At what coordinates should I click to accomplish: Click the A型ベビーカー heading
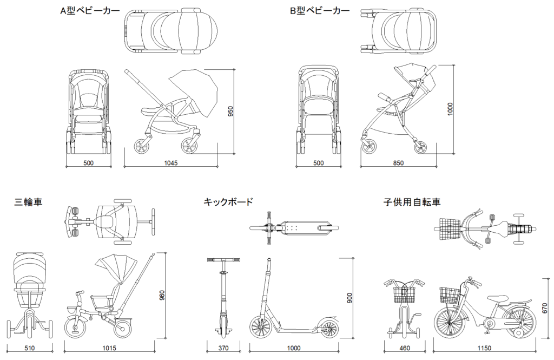click(90, 11)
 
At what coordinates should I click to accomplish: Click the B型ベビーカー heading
click(319, 11)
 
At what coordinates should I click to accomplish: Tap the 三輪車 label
click(28, 202)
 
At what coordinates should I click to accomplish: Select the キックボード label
click(228, 202)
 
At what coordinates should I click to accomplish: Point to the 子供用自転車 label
click(412, 202)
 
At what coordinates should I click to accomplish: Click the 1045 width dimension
click(170, 163)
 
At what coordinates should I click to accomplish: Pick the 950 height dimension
click(230, 111)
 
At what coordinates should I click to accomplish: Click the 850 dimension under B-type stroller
click(398, 163)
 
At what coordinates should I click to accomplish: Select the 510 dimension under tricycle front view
click(30, 348)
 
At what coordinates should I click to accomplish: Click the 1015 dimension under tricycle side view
click(109, 348)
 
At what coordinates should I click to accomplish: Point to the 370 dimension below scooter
click(223, 348)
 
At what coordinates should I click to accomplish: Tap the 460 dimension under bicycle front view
click(404, 348)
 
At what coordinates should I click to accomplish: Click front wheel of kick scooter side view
click(261, 328)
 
